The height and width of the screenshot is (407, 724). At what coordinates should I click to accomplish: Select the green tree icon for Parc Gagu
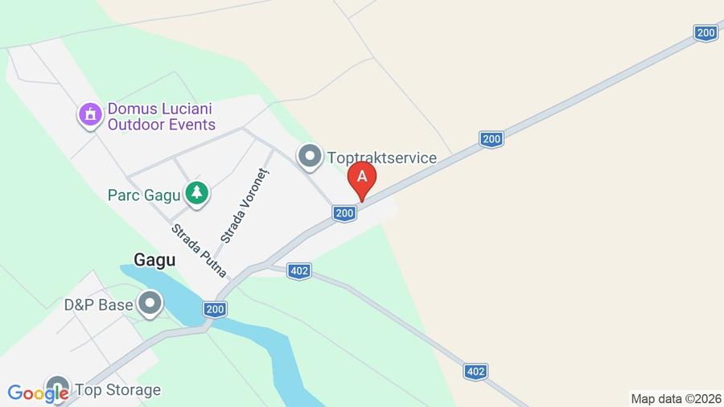196,193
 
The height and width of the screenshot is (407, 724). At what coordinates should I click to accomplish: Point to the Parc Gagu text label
143,195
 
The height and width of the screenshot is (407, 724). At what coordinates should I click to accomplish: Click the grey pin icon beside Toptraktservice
310,157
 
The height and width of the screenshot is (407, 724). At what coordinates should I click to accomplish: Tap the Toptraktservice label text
381,158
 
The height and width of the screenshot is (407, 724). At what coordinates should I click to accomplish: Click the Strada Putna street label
199,250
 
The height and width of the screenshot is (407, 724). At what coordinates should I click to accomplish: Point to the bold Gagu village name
154,260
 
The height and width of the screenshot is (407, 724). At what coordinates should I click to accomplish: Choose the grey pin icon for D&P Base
150,304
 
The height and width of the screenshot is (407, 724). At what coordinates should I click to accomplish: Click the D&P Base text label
98,306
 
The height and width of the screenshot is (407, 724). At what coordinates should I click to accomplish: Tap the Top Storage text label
117,390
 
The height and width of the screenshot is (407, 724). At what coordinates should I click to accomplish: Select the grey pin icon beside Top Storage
57,388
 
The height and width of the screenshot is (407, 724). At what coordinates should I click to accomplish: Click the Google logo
38,393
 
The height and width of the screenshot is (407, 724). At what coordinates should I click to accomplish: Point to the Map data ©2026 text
676,399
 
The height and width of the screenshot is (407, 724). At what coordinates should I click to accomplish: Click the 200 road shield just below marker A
344,213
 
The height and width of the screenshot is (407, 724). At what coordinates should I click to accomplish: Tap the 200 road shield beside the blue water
215,310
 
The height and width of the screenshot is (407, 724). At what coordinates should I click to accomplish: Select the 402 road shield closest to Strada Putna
299,271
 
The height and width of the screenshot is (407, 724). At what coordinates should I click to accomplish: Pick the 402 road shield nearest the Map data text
475,372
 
